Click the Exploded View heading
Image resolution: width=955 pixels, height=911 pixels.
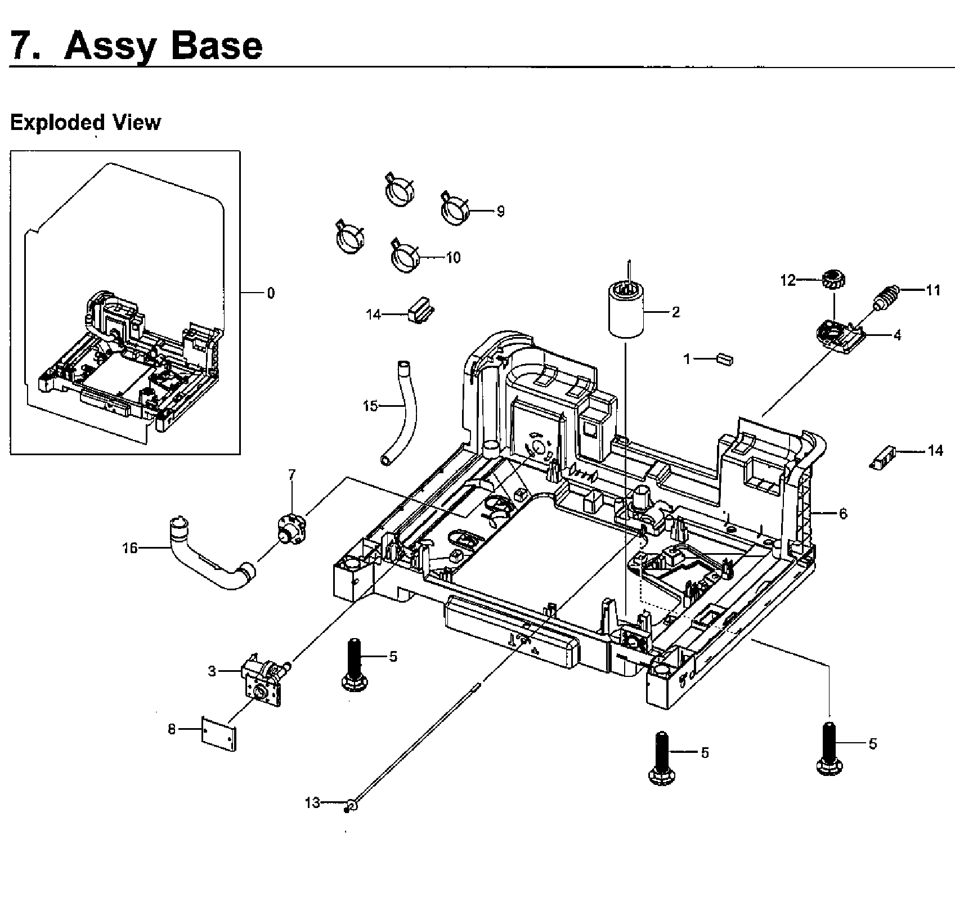click(86, 122)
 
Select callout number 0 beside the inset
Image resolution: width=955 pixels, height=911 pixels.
click(271, 293)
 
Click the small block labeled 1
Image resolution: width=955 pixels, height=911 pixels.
click(724, 359)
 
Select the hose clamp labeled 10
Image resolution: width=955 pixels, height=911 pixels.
click(405, 257)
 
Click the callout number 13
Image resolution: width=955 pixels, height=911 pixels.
click(312, 802)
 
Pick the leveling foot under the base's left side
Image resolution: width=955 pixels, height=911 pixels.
click(353, 663)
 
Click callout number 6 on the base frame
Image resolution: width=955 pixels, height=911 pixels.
click(842, 514)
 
